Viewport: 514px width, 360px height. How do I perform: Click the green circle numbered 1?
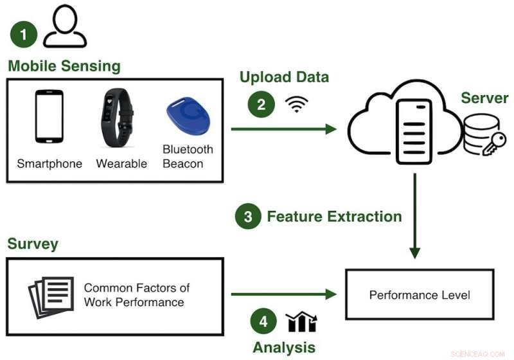click(x=24, y=34)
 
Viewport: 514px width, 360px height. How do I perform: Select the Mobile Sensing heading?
click(x=64, y=66)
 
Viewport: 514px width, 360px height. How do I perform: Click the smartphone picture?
click(x=49, y=116)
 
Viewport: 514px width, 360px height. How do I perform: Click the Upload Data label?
click(x=284, y=77)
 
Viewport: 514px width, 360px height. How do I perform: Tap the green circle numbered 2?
click(x=261, y=105)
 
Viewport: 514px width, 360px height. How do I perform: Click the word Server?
click(x=484, y=98)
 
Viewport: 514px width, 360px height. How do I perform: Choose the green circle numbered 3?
click(x=247, y=216)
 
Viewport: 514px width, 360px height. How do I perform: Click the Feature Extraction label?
click(x=334, y=216)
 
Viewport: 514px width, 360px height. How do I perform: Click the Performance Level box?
click(x=420, y=295)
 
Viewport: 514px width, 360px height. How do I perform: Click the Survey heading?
click(x=33, y=244)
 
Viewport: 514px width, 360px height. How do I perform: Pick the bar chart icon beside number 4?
click(x=301, y=321)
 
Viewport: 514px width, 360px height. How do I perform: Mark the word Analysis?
click(x=283, y=348)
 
